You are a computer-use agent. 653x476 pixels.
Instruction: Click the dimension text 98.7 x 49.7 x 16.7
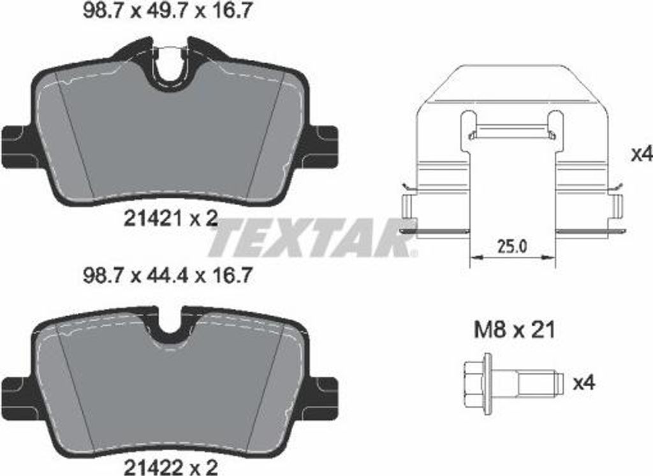click(167, 11)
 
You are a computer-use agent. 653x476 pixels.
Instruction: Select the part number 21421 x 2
click(171, 218)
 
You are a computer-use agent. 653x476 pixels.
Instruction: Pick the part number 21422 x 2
click(171, 467)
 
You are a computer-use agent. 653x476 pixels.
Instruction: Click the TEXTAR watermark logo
click(313, 238)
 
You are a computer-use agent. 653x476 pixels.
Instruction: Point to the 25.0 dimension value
click(512, 247)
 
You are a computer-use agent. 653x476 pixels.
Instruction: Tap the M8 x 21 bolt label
click(515, 330)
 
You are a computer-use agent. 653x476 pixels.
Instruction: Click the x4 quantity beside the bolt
click(584, 382)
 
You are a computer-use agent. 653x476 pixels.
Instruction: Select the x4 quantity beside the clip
click(642, 154)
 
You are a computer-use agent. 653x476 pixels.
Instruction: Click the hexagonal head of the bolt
click(473, 382)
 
